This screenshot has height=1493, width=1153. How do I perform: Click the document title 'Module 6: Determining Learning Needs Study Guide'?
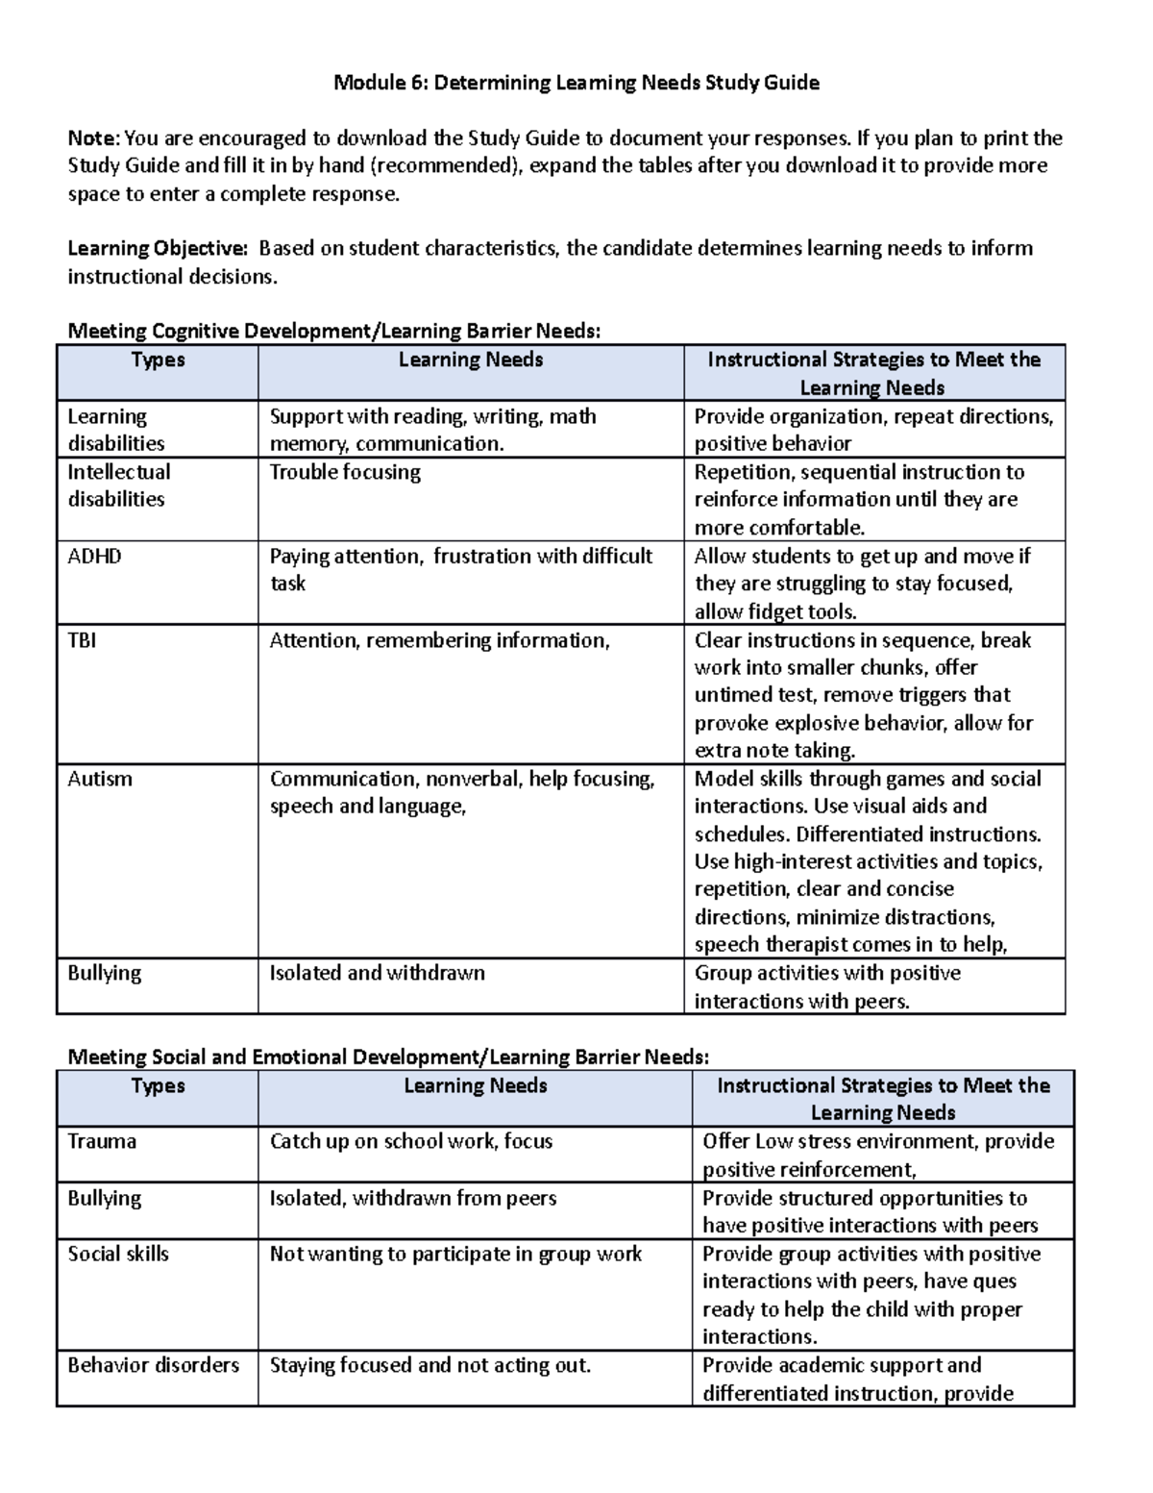click(x=576, y=83)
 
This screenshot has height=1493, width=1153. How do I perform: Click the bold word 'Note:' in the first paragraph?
click(x=94, y=138)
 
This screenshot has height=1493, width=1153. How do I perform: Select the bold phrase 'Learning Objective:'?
click(x=157, y=248)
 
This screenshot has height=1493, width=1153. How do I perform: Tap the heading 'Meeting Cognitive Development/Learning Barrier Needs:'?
click(x=333, y=332)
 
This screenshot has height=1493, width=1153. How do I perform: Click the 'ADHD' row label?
click(x=94, y=557)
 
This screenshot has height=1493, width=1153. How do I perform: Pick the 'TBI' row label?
click(x=82, y=640)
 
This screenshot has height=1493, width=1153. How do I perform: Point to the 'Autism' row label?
click(x=99, y=779)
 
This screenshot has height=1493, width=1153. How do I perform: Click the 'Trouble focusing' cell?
click(x=345, y=472)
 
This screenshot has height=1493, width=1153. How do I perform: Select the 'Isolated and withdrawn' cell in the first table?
click(x=377, y=973)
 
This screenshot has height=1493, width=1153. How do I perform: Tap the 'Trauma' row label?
click(x=102, y=1141)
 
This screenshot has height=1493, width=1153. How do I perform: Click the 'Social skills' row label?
click(x=117, y=1254)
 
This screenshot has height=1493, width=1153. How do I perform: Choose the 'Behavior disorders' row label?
click(x=153, y=1365)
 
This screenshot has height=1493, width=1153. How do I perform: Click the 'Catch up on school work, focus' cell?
click(x=410, y=1141)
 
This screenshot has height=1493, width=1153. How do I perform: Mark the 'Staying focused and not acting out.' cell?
click(x=429, y=1365)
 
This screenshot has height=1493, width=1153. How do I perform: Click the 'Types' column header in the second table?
click(x=158, y=1085)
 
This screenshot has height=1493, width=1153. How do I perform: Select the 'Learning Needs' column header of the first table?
click(x=471, y=360)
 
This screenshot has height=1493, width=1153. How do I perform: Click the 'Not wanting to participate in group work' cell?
click(x=455, y=1254)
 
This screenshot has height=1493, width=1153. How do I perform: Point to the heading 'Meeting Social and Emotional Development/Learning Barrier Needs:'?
click(x=388, y=1058)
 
